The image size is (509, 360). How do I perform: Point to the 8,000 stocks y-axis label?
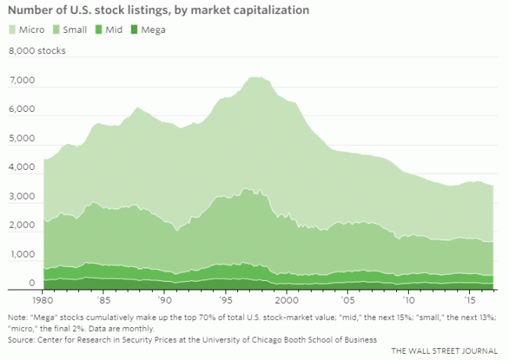click(37, 52)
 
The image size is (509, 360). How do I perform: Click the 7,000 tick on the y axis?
click(21, 81)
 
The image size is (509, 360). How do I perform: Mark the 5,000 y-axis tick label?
click(21, 139)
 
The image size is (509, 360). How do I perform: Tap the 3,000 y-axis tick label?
click(21, 197)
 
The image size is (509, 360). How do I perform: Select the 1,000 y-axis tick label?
click(21, 255)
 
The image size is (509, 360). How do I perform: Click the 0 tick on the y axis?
click(31, 283)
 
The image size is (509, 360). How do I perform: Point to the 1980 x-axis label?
click(42, 301)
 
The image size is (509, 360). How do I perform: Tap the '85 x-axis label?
click(103, 301)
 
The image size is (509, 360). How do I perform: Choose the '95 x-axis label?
click(226, 301)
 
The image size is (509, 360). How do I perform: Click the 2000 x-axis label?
click(287, 301)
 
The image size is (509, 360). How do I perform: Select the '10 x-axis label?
click(408, 301)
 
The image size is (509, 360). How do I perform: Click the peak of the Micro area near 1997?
click(254, 77)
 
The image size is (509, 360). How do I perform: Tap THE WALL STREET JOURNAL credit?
click(446, 350)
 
